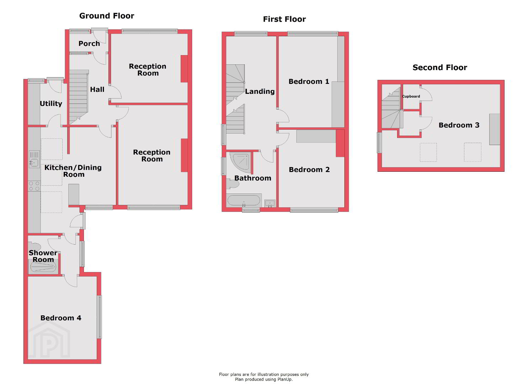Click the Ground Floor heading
tap(106, 16)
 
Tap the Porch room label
tap(89, 44)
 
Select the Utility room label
tap(51, 104)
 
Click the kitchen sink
tap(34, 159)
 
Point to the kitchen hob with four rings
tap(34, 186)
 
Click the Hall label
tap(97, 90)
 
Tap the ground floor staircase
tap(79, 97)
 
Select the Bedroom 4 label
tap(61, 318)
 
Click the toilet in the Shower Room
tap(35, 247)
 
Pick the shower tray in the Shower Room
tap(43, 267)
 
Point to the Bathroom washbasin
tap(270, 203)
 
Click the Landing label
tap(260, 91)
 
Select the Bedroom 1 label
tap(309, 81)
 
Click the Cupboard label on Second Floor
tap(411, 96)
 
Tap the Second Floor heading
tap(440, 68)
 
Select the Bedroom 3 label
tap(459, 125)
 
